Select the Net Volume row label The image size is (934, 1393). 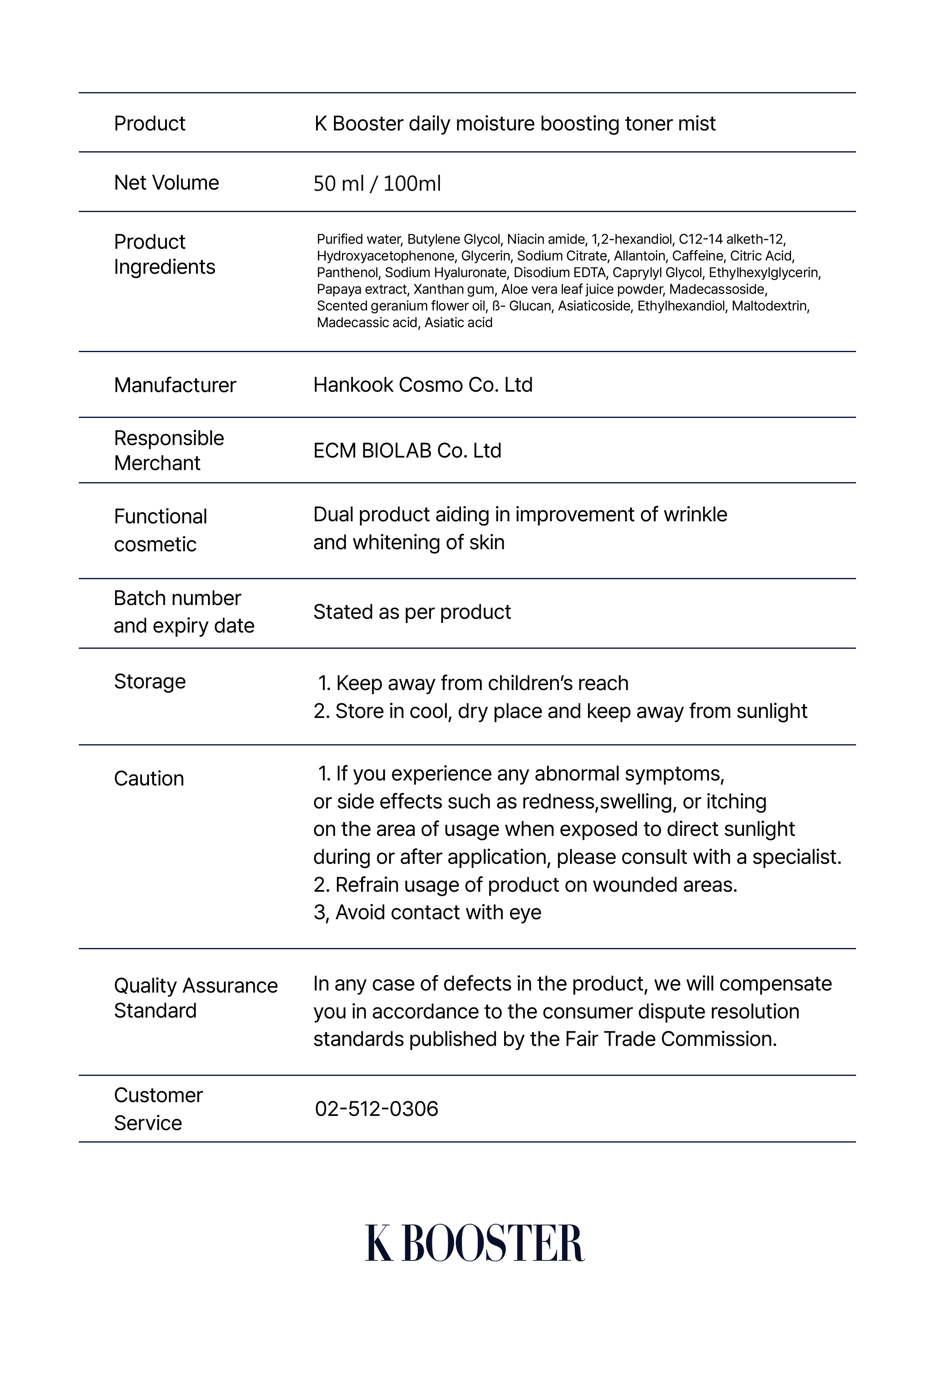coord(166,183)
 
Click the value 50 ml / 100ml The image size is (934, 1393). coord(377,183)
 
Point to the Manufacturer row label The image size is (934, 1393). coord(175,385)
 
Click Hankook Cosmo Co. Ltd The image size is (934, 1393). coord(422,385)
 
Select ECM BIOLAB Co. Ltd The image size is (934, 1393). coord(407,450)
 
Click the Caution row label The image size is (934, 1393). coord(149,779)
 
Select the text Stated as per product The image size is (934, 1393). coord(412,612)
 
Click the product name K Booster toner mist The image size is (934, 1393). coord(515,124)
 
